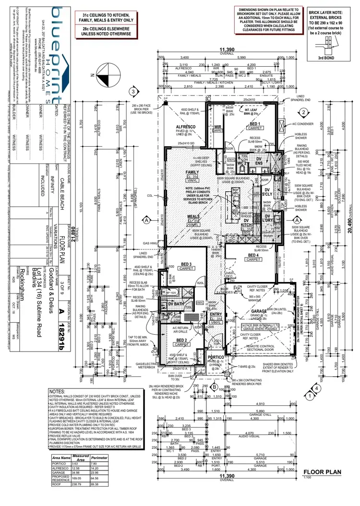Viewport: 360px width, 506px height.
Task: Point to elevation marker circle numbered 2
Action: pos(303,113)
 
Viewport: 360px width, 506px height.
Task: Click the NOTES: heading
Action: pos(58,391)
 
